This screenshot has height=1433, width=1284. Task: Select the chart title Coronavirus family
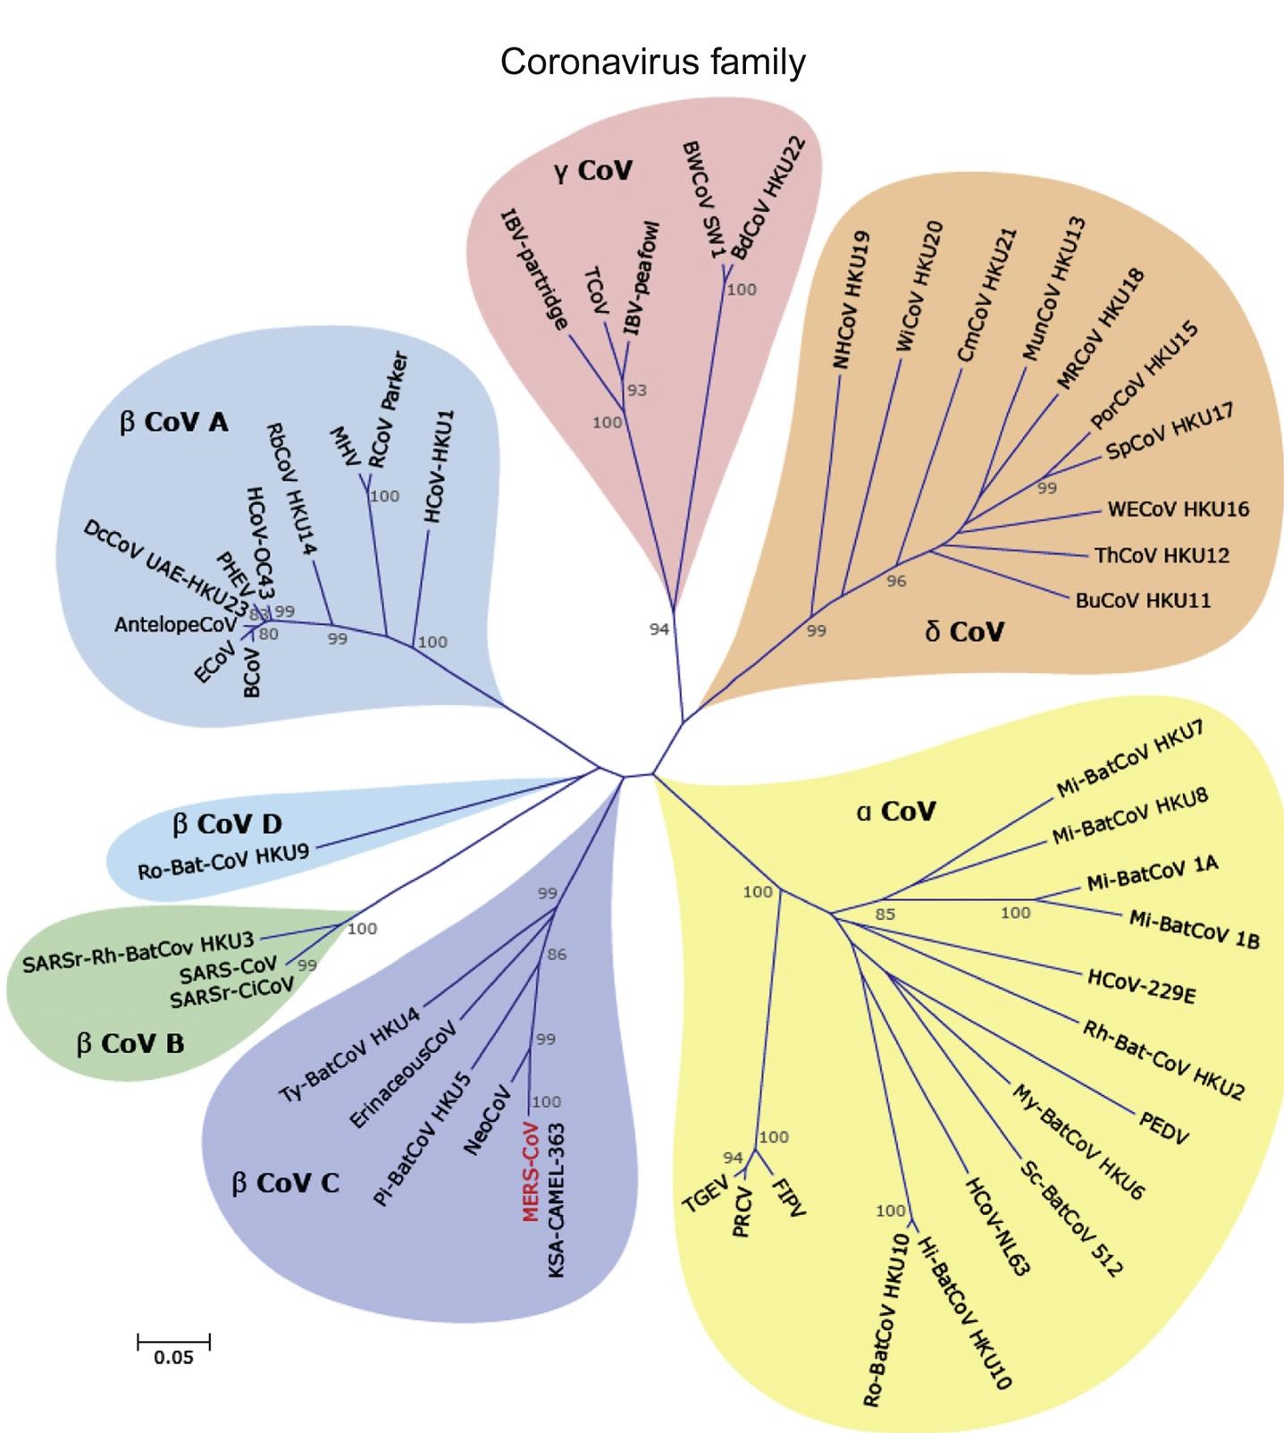coord(652,63)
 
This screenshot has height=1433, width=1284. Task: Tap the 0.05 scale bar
coord(173,1342)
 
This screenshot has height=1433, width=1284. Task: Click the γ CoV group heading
coord(592,170)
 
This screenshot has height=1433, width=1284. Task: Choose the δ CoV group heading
coord(964,632)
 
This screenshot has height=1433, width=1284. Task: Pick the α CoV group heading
coord(895,811)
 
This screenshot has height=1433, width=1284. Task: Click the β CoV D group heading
coord(227,823)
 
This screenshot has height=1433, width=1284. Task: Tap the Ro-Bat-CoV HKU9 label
coord(223,861)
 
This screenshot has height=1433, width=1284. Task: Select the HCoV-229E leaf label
coord(1141,985)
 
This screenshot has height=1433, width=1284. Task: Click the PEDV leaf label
coord(1163,1126)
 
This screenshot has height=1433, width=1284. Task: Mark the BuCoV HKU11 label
coord(1143,600)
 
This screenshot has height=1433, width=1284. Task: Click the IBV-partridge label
coord(533,269)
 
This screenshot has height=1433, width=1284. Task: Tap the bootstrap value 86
coord(557,955)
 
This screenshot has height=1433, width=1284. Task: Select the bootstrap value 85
coord(885,915)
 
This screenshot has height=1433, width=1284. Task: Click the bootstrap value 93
coord(636,391)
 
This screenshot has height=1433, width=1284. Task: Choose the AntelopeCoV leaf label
coord(174,625)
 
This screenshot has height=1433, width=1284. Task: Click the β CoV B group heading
coord(130,1043)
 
